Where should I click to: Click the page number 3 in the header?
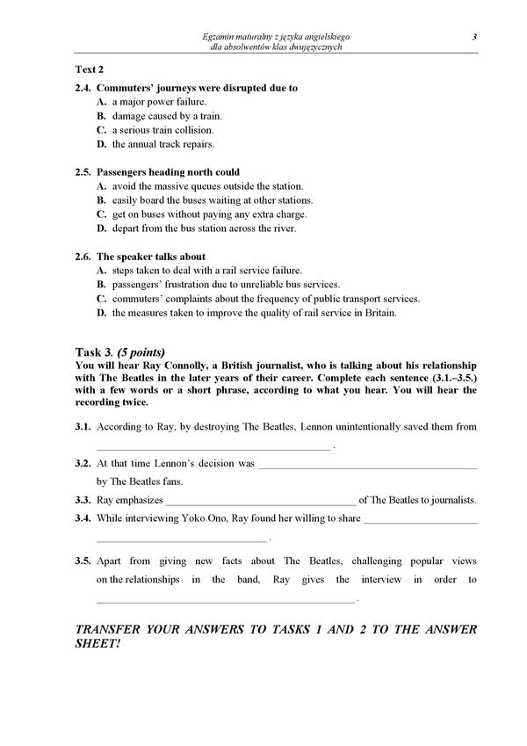473,36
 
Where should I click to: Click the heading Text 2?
89,69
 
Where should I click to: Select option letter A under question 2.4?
101,102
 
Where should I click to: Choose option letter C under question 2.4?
101,130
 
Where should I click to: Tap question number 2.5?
83,172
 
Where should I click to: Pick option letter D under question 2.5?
101,228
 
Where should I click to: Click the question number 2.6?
83,257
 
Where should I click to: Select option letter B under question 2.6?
101,285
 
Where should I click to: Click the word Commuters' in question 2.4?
121,88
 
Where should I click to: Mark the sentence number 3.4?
83,518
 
